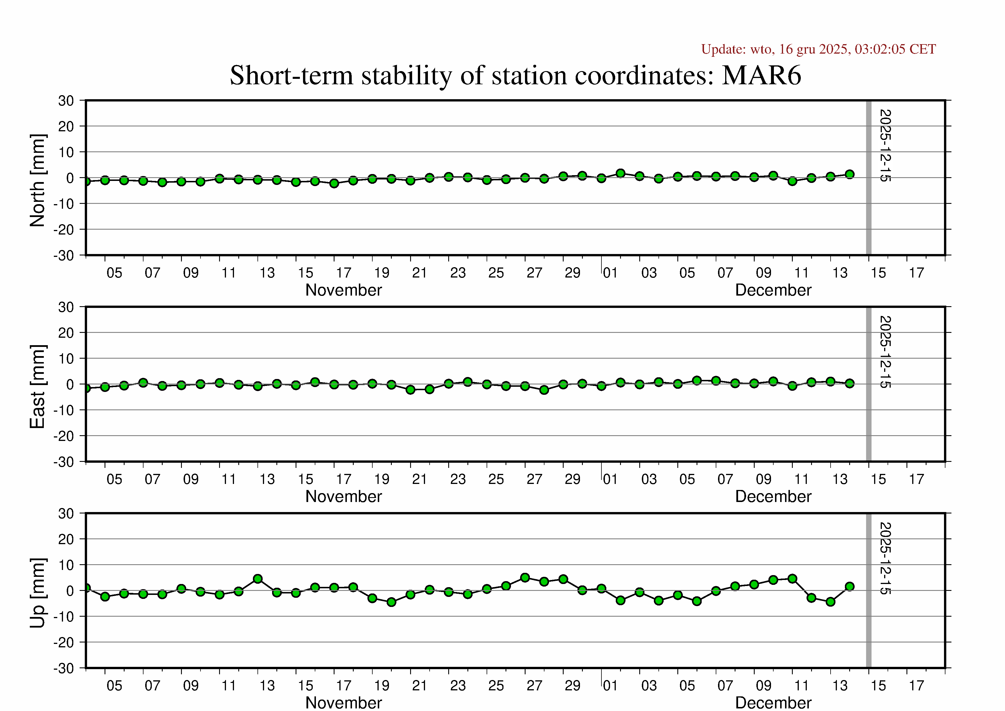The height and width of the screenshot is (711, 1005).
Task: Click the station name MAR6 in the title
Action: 761,75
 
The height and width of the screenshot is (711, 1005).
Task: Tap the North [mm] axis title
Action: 38,181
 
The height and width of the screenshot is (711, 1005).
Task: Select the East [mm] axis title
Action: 38,386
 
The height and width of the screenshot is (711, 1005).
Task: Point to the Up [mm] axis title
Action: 38,593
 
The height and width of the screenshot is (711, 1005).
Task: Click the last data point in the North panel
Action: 849,174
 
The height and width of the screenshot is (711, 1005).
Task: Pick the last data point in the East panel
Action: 849,383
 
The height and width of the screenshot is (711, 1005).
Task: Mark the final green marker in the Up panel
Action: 849,587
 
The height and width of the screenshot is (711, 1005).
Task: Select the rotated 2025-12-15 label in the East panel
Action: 885,352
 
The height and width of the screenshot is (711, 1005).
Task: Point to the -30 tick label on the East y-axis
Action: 64,462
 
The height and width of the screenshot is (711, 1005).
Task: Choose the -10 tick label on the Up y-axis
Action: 64,617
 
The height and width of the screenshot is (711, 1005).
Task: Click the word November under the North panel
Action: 344,290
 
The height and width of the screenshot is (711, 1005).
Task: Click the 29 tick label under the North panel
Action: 572,273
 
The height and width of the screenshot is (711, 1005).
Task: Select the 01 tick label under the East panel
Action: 610,479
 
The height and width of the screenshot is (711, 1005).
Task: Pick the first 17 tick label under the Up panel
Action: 344,685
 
